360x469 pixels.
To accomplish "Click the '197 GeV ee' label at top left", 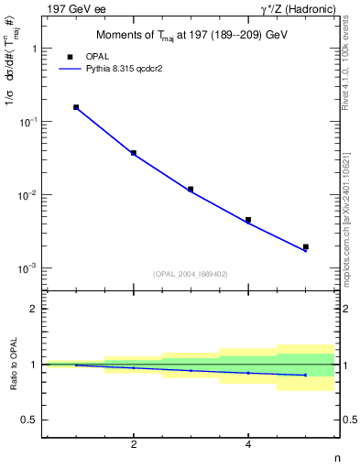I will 73,8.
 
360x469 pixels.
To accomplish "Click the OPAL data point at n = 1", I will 76,107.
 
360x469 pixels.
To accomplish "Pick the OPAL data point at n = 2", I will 134,153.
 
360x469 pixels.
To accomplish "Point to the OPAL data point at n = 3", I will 191,189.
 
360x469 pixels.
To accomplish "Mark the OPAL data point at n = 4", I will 248,220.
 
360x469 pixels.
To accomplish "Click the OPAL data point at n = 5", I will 306,246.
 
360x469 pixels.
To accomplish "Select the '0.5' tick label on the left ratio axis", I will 29,420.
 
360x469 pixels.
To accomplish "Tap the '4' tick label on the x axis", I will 248,444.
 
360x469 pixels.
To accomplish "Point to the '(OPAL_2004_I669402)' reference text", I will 191,274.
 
